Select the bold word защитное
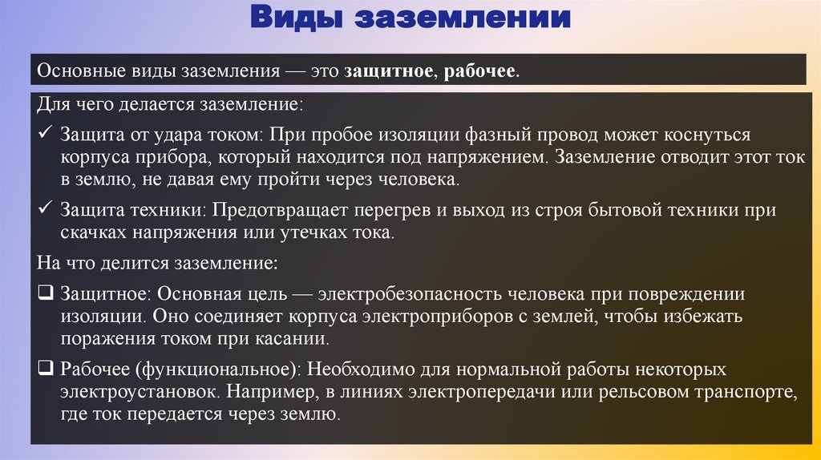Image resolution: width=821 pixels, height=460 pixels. coord(389,71)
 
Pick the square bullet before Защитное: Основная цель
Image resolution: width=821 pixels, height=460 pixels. coord(45,293)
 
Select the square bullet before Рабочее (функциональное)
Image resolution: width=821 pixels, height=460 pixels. coord(45,369)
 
